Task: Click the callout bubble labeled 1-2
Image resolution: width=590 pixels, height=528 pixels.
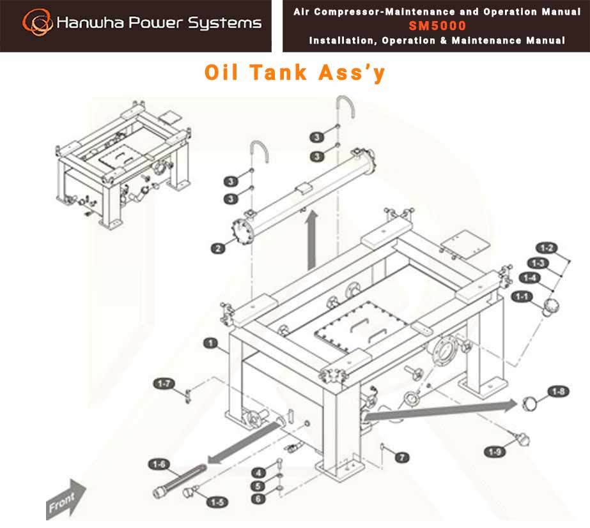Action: click(547, 248)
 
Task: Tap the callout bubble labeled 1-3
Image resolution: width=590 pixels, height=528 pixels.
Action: click(538, 262)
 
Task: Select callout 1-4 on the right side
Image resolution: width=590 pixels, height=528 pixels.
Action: click(530, 278)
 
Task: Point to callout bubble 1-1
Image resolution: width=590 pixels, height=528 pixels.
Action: click(522, 296)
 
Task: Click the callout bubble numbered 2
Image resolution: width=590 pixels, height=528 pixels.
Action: click(218, 248)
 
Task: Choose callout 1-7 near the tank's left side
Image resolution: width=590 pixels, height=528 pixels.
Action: click(164, 384)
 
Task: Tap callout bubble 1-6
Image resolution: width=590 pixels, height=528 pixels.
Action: click(159, 464)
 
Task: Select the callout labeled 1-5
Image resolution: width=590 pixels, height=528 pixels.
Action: click(217, 502)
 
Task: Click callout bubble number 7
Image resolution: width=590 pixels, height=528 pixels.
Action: click(402, 457)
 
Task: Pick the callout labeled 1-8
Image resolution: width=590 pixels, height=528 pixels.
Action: click(559, 391)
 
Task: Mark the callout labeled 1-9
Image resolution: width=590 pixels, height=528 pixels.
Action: click(494, 452)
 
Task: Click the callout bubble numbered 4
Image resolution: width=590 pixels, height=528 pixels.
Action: click(258, 472)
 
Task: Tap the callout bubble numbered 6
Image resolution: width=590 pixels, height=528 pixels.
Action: click(258, 499)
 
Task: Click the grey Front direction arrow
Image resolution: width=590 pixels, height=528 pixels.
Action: click(66, 500)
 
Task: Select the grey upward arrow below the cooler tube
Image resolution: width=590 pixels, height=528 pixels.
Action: click(312, 241)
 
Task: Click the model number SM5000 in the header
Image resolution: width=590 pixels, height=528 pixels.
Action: click(437, 26)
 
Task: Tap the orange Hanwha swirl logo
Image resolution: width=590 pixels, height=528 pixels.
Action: click(37, 22)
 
